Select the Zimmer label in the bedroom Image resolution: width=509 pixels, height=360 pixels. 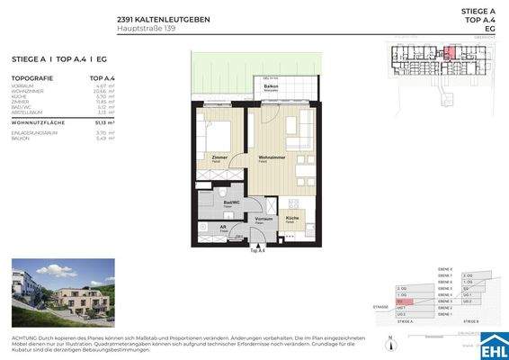coord(219,157)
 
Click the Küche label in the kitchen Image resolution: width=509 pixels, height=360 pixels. coord(292,219)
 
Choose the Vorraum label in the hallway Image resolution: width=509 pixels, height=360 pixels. coord(264,219)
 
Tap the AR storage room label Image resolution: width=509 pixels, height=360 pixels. coord(223,228)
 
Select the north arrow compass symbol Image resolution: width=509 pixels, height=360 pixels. coord(392,340)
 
